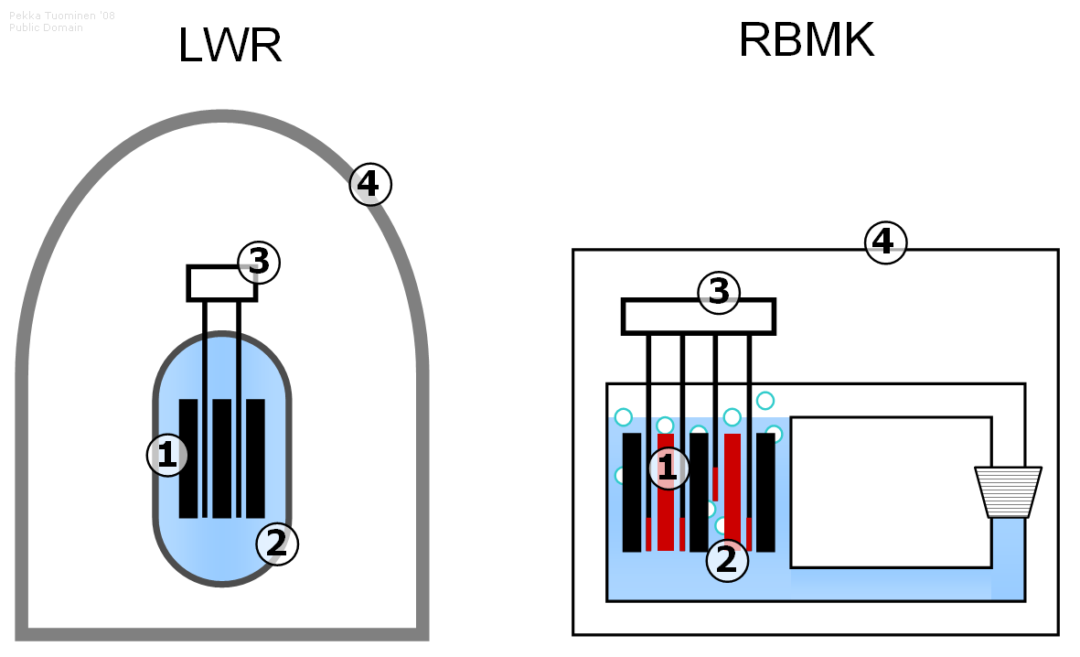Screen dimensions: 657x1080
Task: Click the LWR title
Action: (230, 46)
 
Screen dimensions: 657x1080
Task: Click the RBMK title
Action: (806, 40)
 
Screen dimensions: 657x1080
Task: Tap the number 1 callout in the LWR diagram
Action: (167, 455)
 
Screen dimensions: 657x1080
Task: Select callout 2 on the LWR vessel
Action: (277, 544)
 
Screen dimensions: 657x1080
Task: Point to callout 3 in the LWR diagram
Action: (259, 263)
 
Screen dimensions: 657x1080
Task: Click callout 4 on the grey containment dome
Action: (370, 185)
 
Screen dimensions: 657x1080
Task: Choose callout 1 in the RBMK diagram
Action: (668, 468)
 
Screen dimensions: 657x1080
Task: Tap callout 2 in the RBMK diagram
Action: (727, 560)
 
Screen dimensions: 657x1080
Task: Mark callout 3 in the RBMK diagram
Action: (719, 293)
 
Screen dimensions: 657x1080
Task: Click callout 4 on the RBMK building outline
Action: (885, 242)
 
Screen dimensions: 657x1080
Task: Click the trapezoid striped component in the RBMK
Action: (1008, 492)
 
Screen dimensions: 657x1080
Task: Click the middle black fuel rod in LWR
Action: (221, 458)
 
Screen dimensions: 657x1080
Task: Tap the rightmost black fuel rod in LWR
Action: (255, 458)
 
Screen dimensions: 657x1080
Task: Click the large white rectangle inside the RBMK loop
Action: (891, 491)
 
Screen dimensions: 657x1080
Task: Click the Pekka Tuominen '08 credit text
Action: (62, 16)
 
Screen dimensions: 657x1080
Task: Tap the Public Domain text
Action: (46, 27)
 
